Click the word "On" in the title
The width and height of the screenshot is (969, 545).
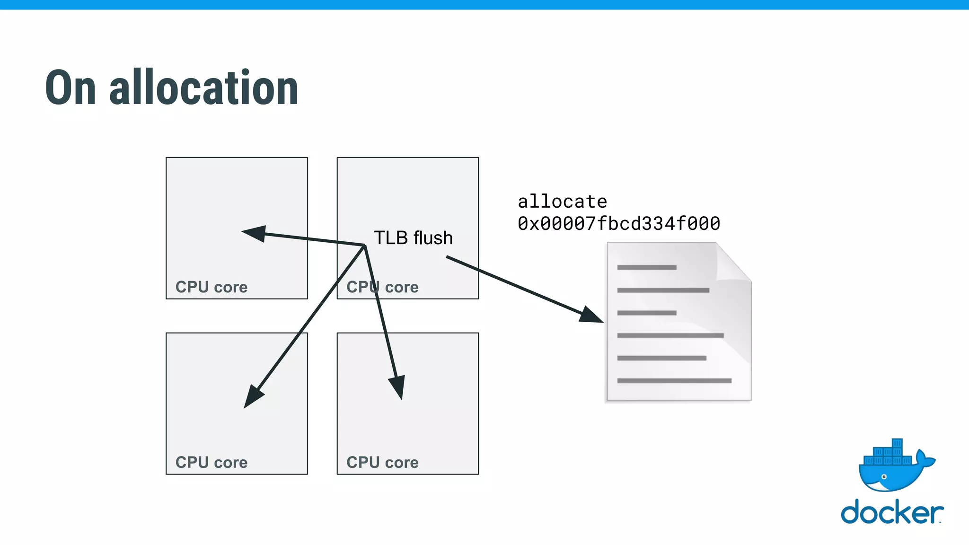point(71,88)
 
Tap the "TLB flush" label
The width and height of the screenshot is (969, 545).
point(413,238)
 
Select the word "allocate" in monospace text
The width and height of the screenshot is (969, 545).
point(562,202)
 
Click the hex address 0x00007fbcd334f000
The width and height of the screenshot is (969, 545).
point(619,224)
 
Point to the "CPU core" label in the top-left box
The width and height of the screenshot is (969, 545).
point(211,287)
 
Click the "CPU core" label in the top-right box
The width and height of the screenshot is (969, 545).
point(383,287)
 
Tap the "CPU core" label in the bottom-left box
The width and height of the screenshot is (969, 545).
point(211,462)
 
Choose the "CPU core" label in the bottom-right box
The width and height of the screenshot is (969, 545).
point(383,462)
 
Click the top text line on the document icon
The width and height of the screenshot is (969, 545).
point(647,268)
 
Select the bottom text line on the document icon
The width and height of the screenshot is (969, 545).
point(674,381)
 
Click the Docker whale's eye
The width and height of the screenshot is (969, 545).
point(884,477)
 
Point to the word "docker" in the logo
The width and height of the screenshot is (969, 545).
point(891,513)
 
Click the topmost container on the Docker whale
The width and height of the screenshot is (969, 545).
point(897,443)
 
